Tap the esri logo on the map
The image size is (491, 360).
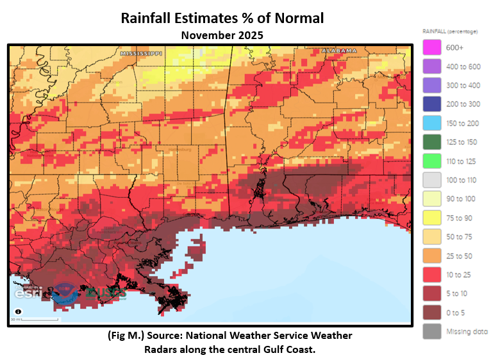click(x=28, y=294)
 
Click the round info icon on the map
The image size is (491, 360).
click(x=17, y=312)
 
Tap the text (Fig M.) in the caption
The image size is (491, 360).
click(x=126, y=336)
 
